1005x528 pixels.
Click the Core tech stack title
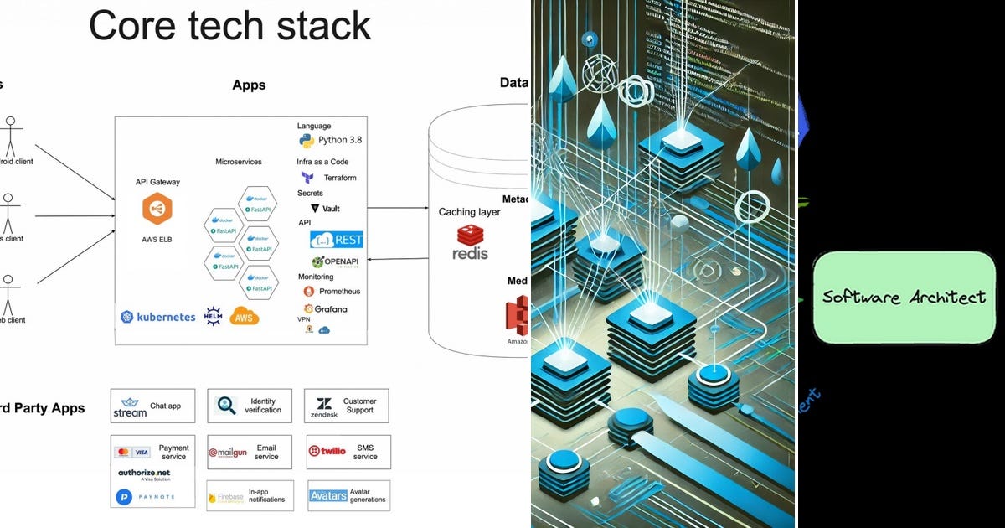click(x=229, y=27)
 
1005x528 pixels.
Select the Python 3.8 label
click(x=330, y=140)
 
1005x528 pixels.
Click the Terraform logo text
click(x=329, y=178)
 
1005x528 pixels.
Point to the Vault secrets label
click(x=325, y=208)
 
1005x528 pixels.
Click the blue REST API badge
click(x=337, y=240)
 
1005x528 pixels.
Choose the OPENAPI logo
click(x=336, y=262)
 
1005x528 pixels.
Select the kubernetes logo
click(x=157, y=317)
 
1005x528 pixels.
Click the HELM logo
click(x=213, y=317)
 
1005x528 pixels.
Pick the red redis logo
click(x=470, y=243)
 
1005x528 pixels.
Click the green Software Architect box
click(x=904, y=298)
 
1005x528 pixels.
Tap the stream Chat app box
click(x=152, y=406)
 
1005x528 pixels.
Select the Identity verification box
click(x=250, y=406)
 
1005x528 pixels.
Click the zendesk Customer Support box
click(x=347, y=406)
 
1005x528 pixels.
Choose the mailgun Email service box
click(x=250, y=452)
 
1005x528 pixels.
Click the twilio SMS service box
click(x=347, y=452)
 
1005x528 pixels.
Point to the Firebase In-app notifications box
click(x=250, y=496)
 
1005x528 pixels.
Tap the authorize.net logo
click(x=144, y=474)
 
